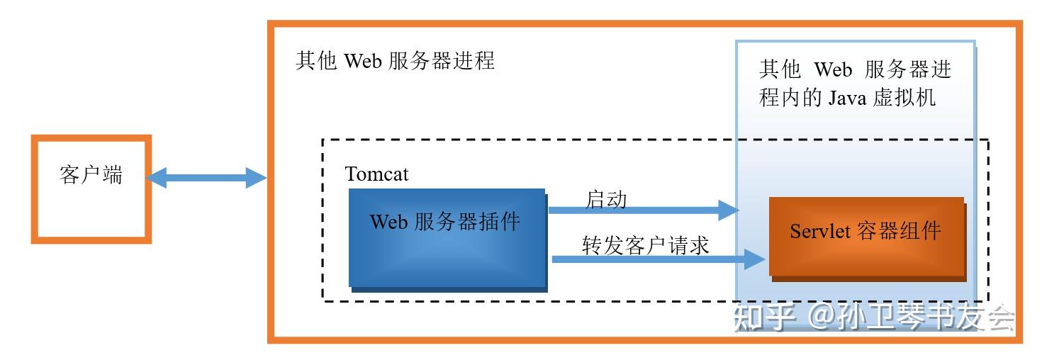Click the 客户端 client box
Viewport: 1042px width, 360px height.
click(91, 189)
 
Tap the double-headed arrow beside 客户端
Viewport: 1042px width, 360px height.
click(206, 177)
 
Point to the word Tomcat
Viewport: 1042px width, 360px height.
click(376, 174)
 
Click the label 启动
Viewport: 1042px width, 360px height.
click(606, 199)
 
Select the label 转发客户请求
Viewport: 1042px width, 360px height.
click(645, 245)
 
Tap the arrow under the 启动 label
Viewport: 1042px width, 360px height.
click(638, 210)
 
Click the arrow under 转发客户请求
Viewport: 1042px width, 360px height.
click(652, 260)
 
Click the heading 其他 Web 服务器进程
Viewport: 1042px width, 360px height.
click(395, 61)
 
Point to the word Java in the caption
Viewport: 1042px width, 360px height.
click(848, 96)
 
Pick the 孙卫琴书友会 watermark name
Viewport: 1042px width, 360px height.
click(925, 317)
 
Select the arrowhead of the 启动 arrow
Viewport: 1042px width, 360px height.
click(728, 210)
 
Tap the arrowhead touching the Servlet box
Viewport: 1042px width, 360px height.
click(755, 260)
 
